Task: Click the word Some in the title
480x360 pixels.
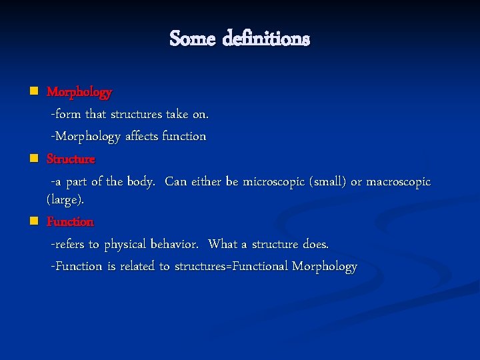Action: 193,39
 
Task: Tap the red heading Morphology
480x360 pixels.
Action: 79,92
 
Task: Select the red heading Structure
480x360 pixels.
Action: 71,159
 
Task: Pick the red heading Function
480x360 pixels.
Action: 70,221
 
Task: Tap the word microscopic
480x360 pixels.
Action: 277,182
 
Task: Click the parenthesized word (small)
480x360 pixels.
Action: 325,182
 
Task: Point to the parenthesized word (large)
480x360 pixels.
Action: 65,199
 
